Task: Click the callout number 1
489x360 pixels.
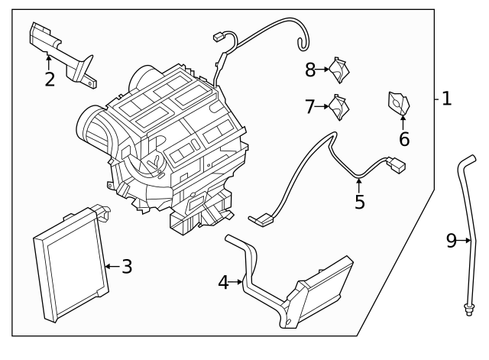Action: (x=447, y=99)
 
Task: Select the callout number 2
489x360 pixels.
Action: (x=50, y=79)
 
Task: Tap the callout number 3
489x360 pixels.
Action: (x=127, y=267)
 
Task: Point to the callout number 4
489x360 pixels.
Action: (x=223, y=282)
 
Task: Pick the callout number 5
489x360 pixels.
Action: (x=359, y=202)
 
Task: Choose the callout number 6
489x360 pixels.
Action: (x=404, y=139)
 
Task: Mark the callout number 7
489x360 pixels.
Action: (x=309, y=107)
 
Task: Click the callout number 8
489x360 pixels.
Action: (x=310, y=70)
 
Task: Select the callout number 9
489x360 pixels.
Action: (x=452, y=241)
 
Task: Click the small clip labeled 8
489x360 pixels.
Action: (x=339, y=69)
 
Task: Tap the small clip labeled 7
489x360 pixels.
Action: (x=338, y=106)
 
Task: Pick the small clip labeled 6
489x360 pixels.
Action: (x=398, y=102)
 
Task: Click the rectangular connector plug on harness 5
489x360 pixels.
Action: (x=397, y=164)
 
